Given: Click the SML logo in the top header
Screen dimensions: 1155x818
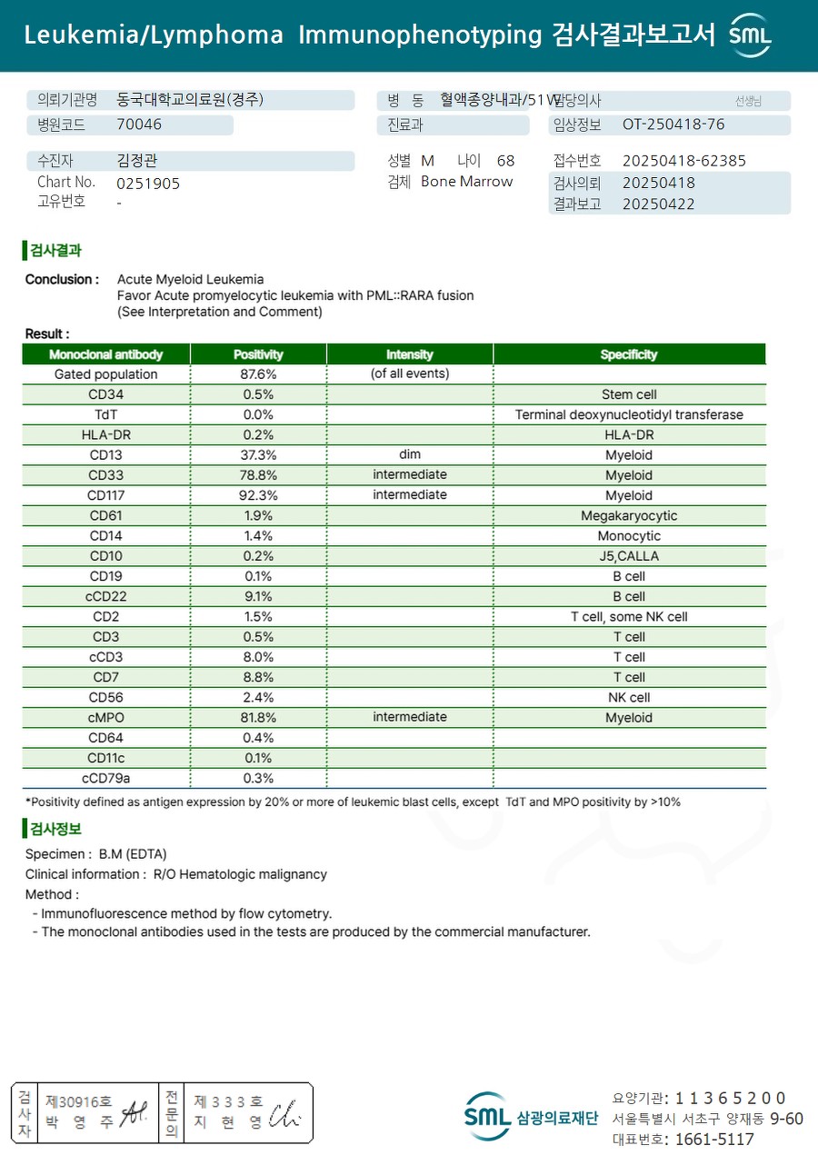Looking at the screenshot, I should coord(750,35).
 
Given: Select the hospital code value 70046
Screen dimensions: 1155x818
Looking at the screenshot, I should coord(139,124).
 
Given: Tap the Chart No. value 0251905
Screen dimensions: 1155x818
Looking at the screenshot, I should coord(148,184).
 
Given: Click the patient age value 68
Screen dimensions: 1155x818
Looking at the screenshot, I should coord(505,161).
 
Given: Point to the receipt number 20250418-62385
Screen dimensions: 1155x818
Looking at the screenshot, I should coord(683,161).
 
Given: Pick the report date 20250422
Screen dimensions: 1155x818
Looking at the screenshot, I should coord(658,204).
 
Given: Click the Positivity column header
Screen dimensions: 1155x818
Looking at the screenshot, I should coord(258,354).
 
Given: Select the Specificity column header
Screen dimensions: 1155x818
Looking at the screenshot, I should coord(629,354).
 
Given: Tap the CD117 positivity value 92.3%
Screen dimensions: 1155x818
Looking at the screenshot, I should coord(259,495).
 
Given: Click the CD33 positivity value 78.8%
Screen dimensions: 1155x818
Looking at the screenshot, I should coord(259,475).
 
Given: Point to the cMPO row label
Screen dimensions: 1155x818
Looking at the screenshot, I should coord(105,718).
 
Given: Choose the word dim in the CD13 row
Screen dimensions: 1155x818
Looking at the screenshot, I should coord(410,454).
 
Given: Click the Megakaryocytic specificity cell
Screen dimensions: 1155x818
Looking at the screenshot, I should coord(629,516).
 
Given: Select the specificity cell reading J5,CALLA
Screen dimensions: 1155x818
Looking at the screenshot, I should coord(629,556).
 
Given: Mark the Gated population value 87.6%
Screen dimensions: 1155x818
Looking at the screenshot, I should coord(259,374).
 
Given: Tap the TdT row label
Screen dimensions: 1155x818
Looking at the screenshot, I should coord(105,414).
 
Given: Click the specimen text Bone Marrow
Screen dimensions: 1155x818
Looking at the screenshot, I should coord(466,182).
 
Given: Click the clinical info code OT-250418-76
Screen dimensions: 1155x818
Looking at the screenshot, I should coord(673,124).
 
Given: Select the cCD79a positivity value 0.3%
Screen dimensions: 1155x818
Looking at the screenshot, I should coord(259,779).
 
